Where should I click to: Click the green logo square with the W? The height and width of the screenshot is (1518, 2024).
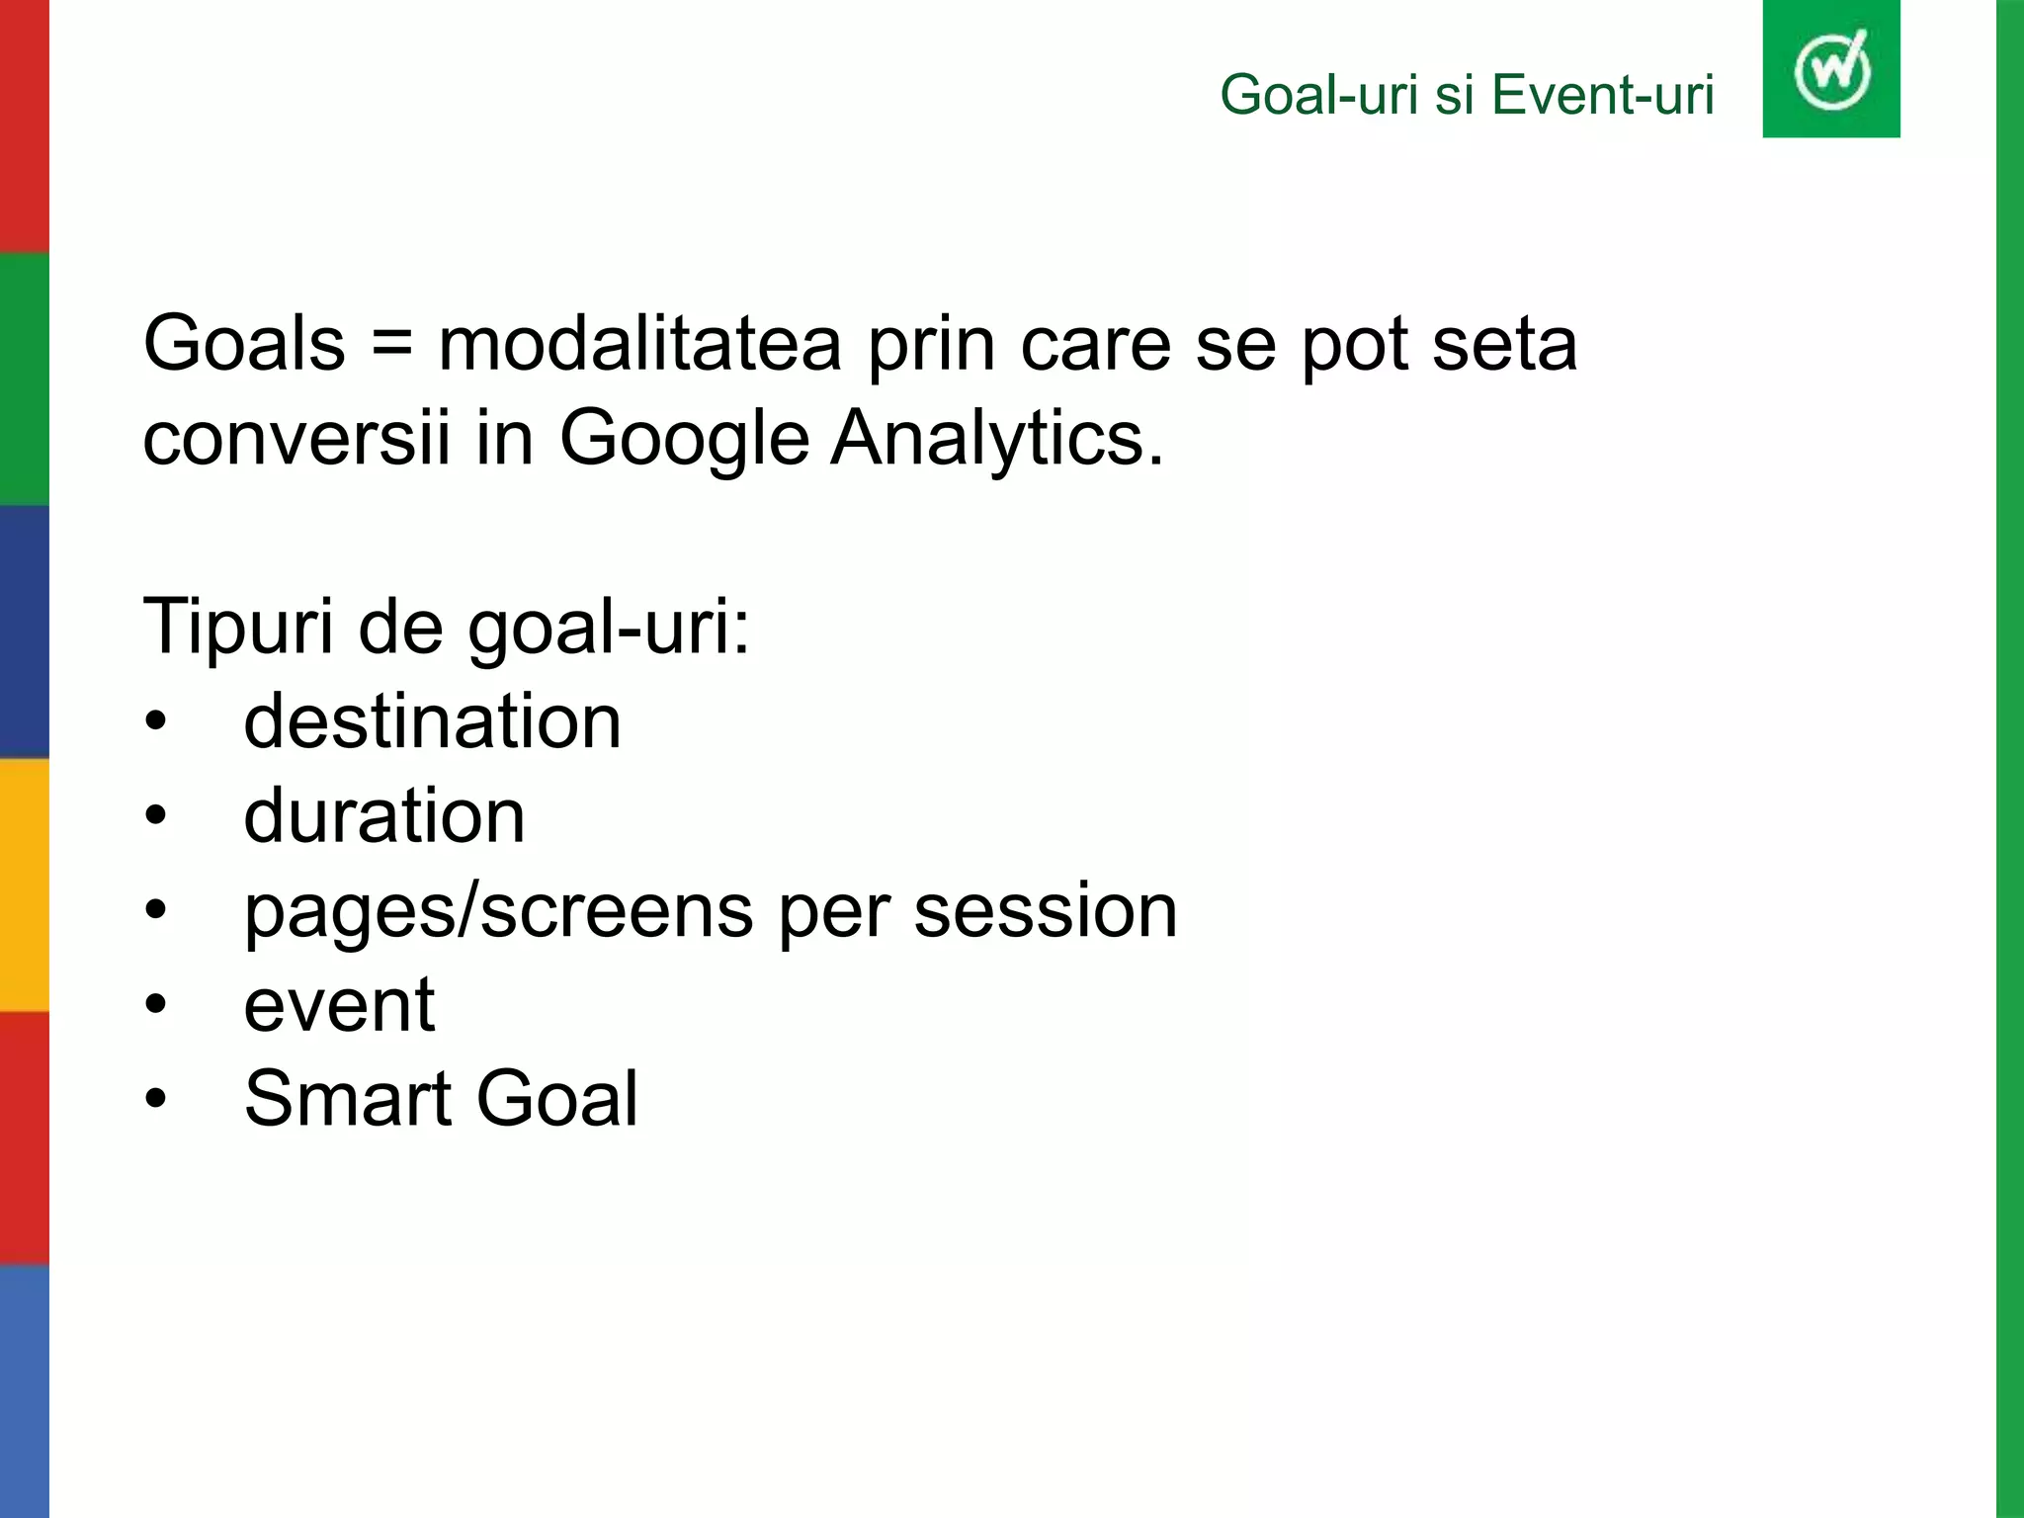point(1830,69)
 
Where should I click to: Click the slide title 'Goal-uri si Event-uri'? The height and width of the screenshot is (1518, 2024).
point(1467,96)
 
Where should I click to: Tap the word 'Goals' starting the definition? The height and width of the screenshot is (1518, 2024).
point(244,344)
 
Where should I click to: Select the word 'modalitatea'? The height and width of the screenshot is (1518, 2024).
point(639,344)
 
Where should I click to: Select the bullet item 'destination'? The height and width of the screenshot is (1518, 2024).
point(433,721)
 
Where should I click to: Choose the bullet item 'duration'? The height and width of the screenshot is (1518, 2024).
point(384,816)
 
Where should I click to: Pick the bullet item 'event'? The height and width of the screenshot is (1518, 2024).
point(339,1005)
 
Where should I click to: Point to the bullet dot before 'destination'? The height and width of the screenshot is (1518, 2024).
point(155,722)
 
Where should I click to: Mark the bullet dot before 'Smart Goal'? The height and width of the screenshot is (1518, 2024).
point(155,1100)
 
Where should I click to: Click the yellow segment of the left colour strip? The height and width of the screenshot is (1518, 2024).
point(24,885)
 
